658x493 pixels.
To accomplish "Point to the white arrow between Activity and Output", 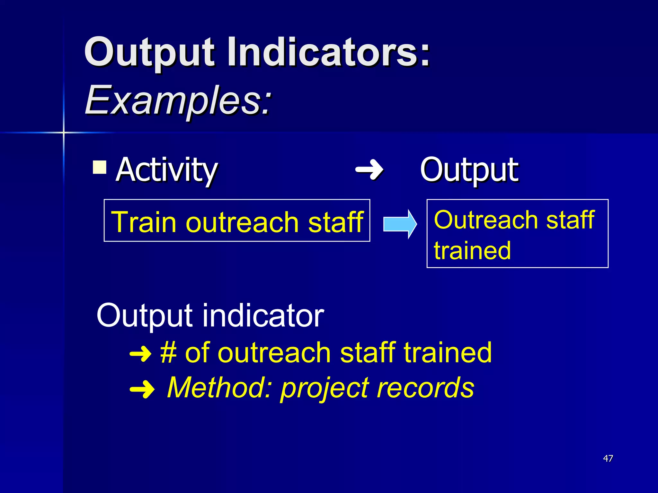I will (x=369, y=169).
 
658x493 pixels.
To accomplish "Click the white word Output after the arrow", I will (x=469, y=170).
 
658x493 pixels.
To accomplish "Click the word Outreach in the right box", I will (x=486, y=220).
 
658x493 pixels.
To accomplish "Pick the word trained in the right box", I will (x=472, y=251).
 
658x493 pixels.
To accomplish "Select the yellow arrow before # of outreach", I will (x=140, y=354).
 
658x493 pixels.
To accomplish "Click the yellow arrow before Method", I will (x=142, y=389).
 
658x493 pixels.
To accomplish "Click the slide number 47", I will (x=608, y=458).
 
